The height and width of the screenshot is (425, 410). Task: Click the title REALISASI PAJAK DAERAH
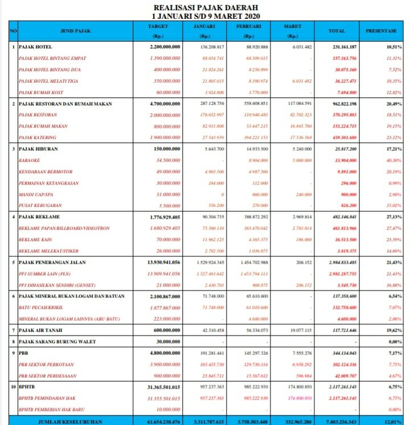click(204, 7)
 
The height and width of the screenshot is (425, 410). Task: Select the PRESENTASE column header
click(381, 30)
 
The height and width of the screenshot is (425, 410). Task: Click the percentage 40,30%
click(393, 161)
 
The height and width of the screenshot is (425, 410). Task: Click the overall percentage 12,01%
click(392, 420)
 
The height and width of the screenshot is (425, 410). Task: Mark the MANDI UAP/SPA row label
click(36, 194)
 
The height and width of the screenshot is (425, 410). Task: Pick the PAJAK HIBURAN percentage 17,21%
click(393, 149)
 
